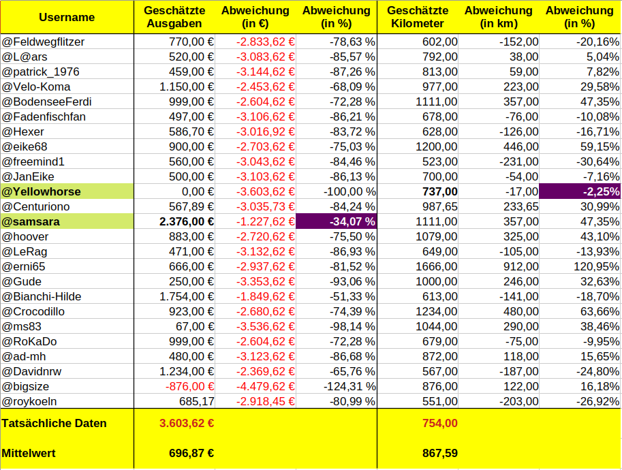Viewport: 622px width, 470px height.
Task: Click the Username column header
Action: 66,17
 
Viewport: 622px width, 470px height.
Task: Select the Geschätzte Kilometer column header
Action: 417,17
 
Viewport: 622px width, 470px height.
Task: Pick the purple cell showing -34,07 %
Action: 337,221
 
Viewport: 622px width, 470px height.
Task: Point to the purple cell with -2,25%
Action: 580,191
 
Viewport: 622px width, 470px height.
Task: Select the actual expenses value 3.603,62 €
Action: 187,423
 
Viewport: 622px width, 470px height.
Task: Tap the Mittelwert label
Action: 29,453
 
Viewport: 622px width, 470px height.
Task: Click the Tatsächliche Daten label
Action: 55,423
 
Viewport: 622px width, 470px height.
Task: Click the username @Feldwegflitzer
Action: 44,42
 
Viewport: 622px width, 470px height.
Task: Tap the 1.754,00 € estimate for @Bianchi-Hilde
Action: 187,296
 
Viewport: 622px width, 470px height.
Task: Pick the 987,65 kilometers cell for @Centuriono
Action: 435,206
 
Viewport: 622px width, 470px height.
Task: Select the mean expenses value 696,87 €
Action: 191,453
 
